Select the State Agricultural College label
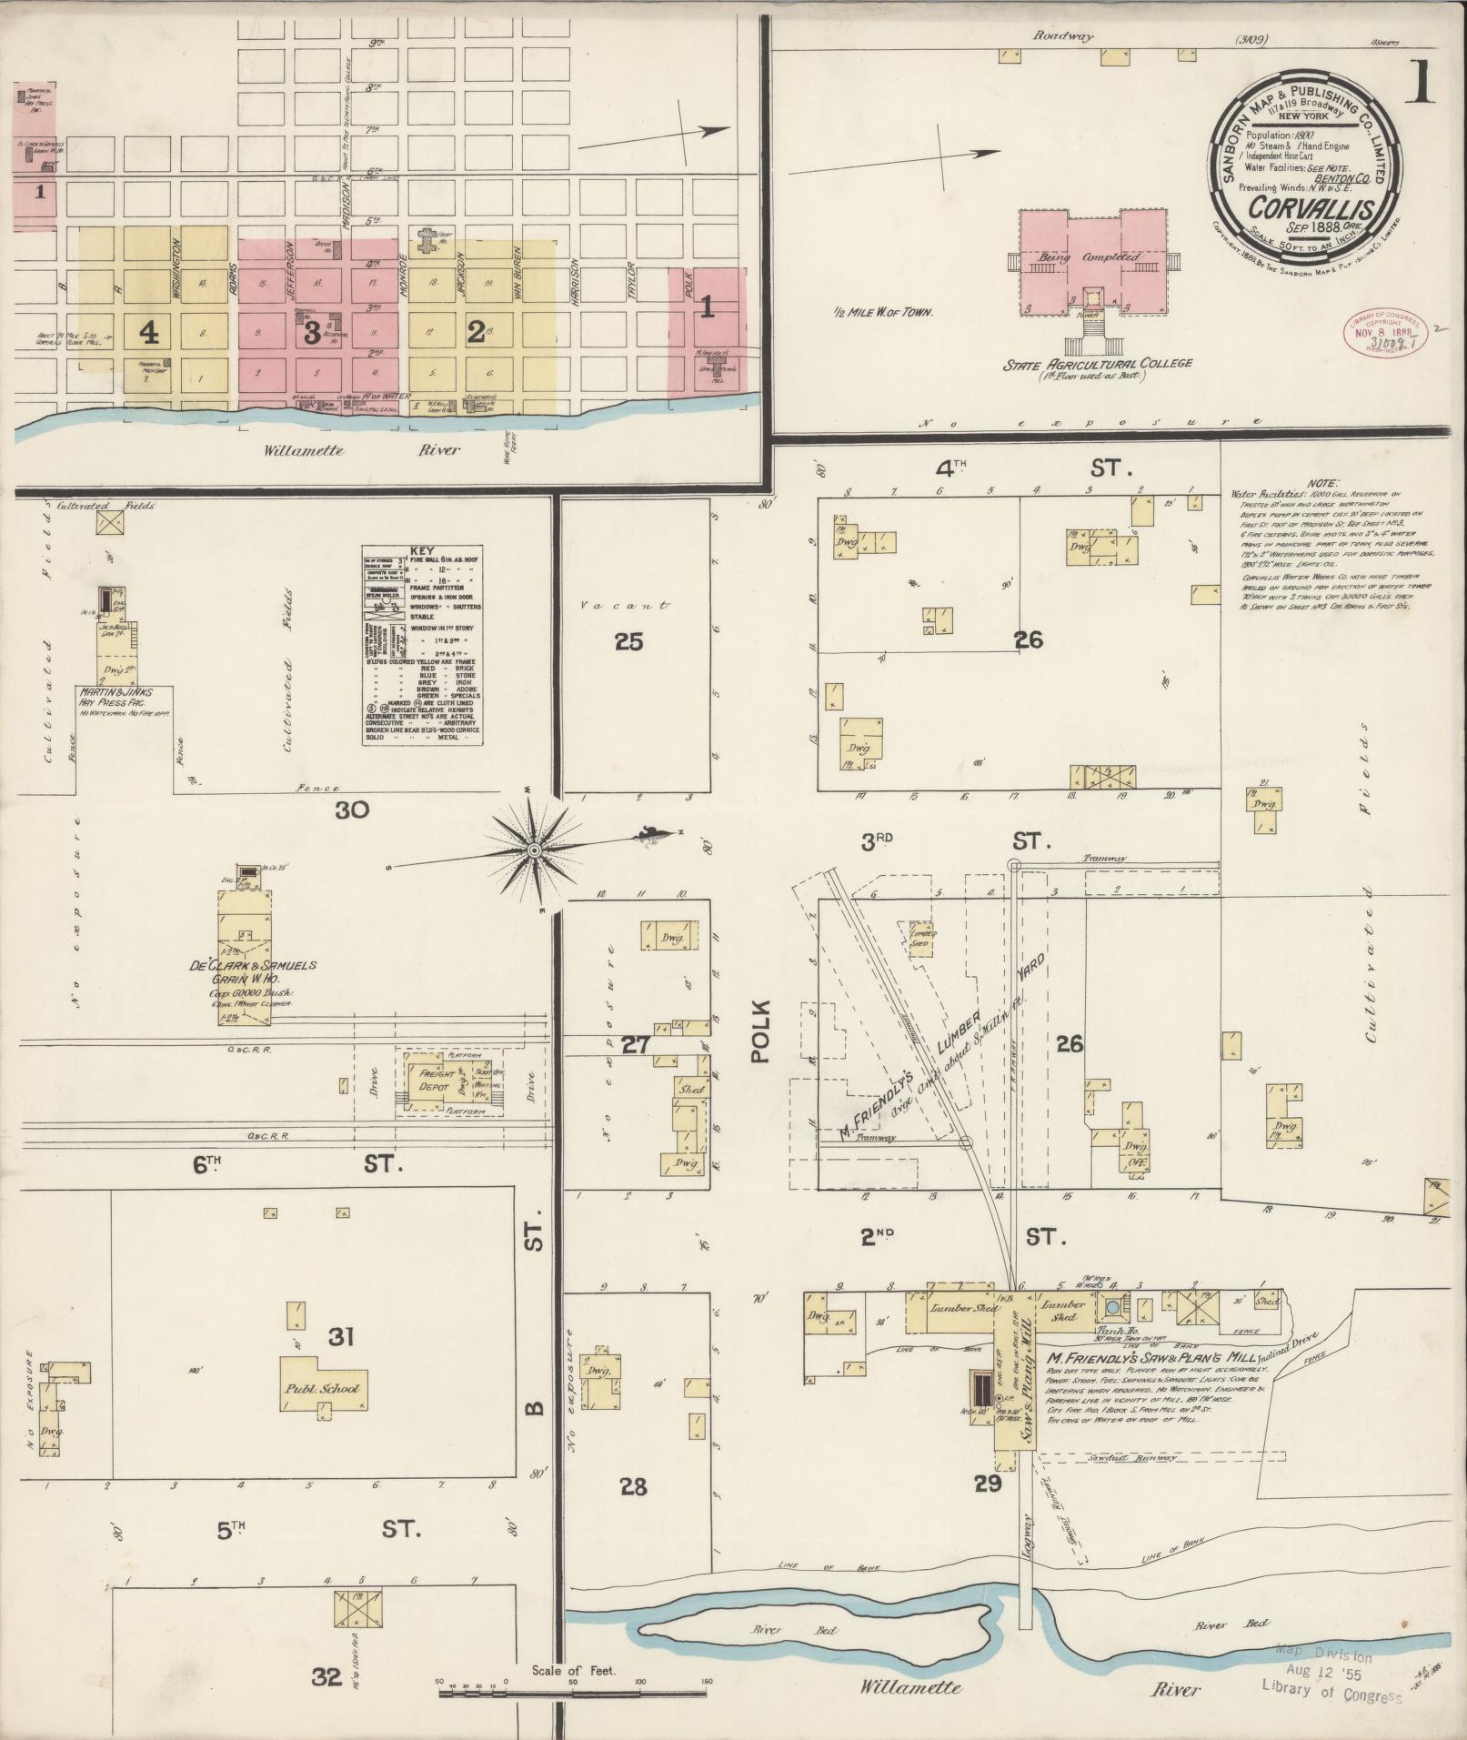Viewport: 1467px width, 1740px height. (x=1097, y=364)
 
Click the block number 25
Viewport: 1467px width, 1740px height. (x=628, y=642)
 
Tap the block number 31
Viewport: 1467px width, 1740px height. (x=340, y=1336)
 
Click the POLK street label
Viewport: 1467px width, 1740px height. (x=759, y=1031)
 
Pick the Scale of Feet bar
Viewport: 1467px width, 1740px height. (x=574, y=1694)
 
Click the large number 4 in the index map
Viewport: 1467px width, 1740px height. (x=149, y=333)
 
